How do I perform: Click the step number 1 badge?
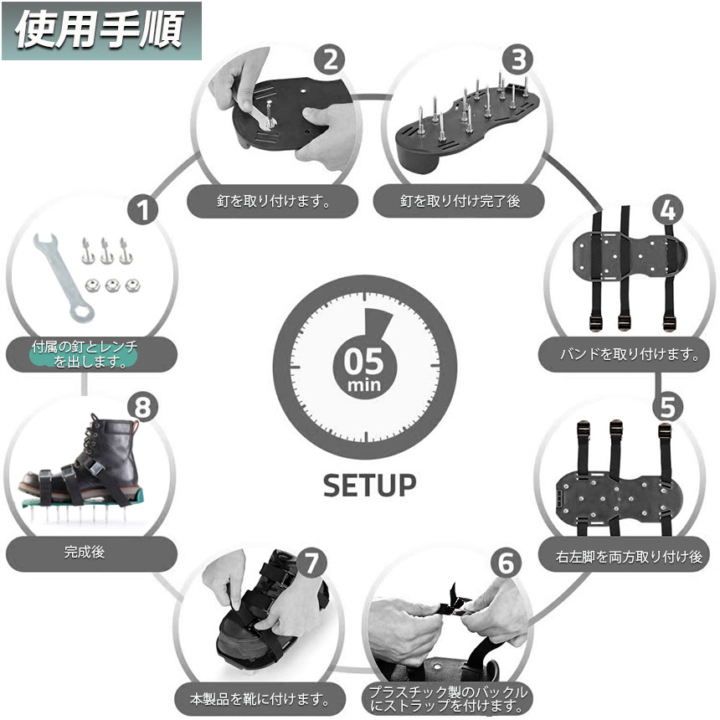tap(145, 209)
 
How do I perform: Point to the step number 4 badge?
tap(667, 208)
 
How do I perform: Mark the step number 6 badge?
tap(505, 562)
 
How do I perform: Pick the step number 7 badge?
tap(311, 562)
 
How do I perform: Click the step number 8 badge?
tap(144, 407)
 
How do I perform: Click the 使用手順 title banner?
tap(100, 30)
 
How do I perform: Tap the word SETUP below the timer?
tap(369, 485)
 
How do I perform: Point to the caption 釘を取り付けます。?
tap(272, 202)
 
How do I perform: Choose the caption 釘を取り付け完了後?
tap(460, 202)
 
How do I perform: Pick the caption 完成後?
tap(84, 553)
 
